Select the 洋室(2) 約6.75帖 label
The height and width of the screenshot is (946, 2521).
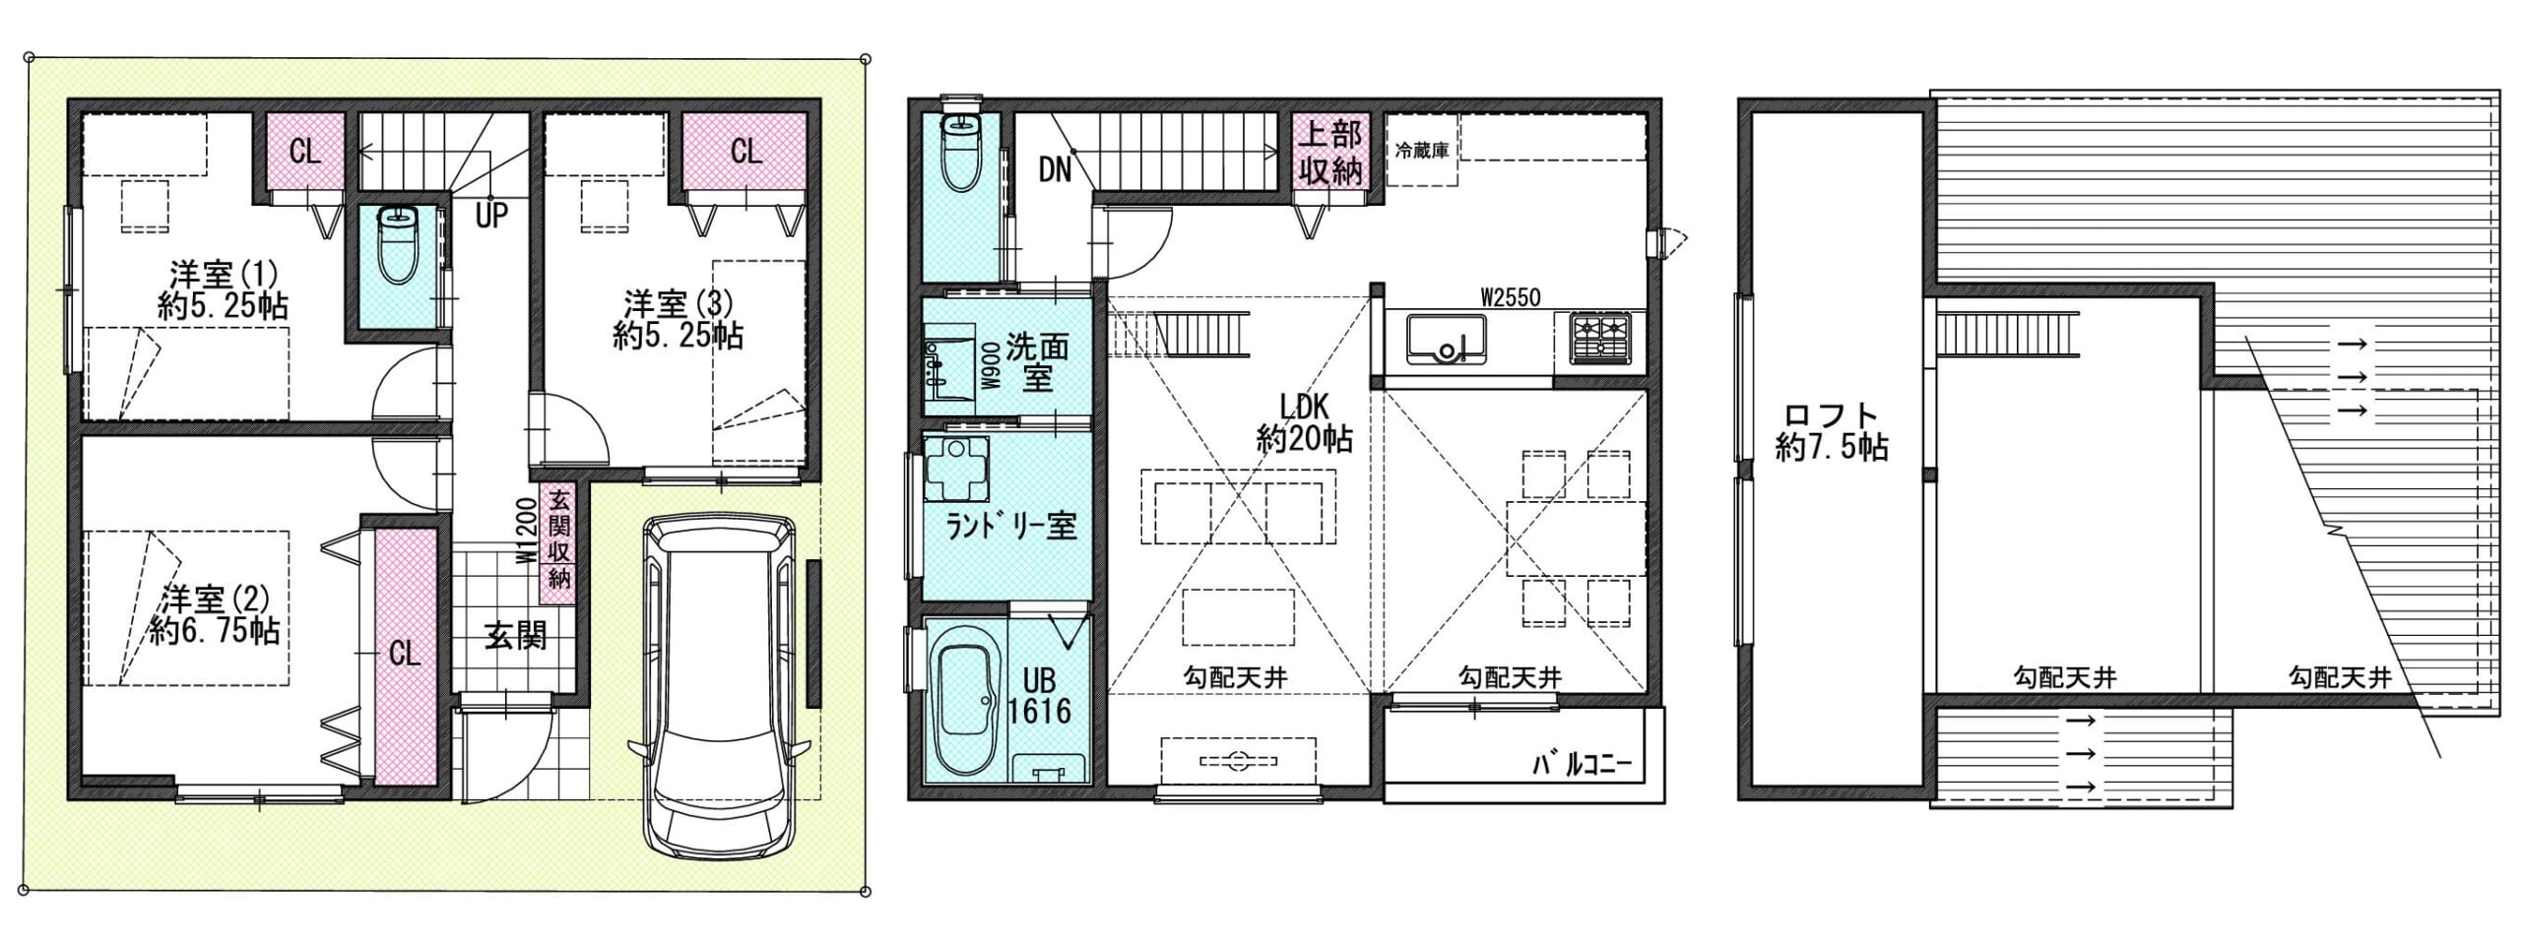(215, 614)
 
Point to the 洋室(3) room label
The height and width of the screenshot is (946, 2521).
(678, 319)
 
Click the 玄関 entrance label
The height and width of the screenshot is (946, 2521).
(515, 636)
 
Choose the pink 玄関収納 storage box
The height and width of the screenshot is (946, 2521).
(557, 539)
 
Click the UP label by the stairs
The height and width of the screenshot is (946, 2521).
(491, 216)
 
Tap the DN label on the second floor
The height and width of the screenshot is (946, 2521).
(1055, 170)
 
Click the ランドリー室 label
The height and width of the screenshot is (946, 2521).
(1010, 527)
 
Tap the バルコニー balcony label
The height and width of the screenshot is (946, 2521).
(1583, 764)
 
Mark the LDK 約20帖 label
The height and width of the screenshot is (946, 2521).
(1304, 422)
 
